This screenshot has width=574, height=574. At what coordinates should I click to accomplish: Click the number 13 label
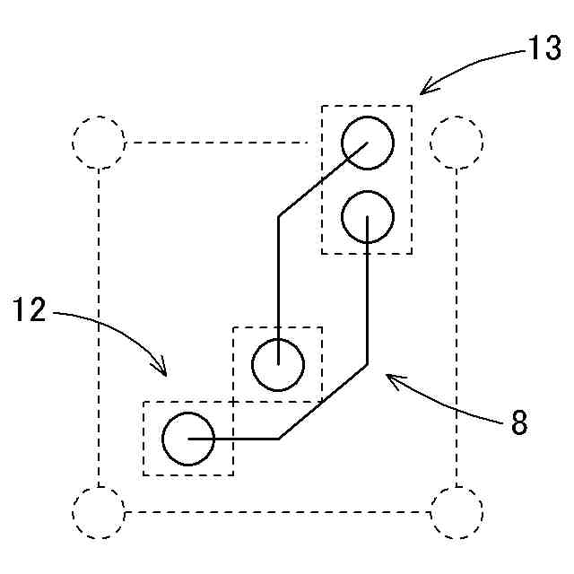click(544, 49)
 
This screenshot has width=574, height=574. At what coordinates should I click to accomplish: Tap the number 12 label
click(29, 310)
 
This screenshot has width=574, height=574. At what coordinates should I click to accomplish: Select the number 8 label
click(518, 422)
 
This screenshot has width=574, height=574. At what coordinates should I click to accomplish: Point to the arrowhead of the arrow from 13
click(422, 91)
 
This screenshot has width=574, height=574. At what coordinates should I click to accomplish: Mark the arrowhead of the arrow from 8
click(387, 378)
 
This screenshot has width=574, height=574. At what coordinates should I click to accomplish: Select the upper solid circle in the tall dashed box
click(368, 143)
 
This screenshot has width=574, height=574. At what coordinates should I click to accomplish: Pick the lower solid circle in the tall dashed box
click(368, 215)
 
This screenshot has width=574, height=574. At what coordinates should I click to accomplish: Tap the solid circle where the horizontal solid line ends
click(188, 439)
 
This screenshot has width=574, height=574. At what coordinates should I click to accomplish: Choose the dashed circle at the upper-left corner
click(98, 143)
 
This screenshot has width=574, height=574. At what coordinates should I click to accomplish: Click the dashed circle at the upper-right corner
click(457, 143)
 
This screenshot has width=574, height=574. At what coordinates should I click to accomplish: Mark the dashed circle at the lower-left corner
click(98, 512)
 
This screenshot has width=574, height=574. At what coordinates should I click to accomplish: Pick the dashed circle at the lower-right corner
click(457, 512)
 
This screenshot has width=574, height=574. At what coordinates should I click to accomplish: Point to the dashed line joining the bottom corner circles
click(278, 512)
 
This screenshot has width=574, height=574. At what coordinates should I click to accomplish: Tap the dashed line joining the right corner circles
click(457, 327)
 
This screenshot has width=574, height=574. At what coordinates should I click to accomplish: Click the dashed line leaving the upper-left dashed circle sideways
click(215, 143)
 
